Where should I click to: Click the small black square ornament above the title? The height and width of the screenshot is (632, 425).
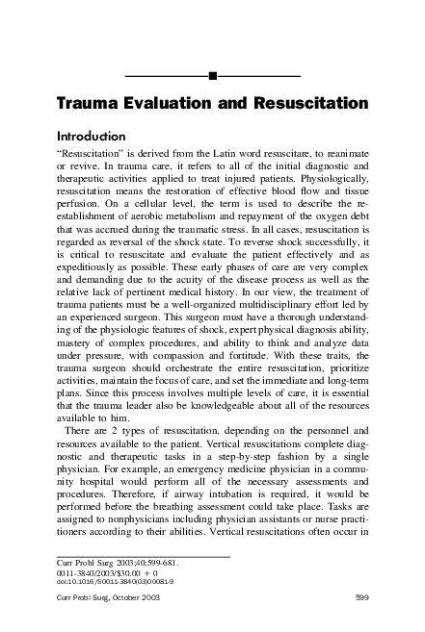click(x=212, y=74)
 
